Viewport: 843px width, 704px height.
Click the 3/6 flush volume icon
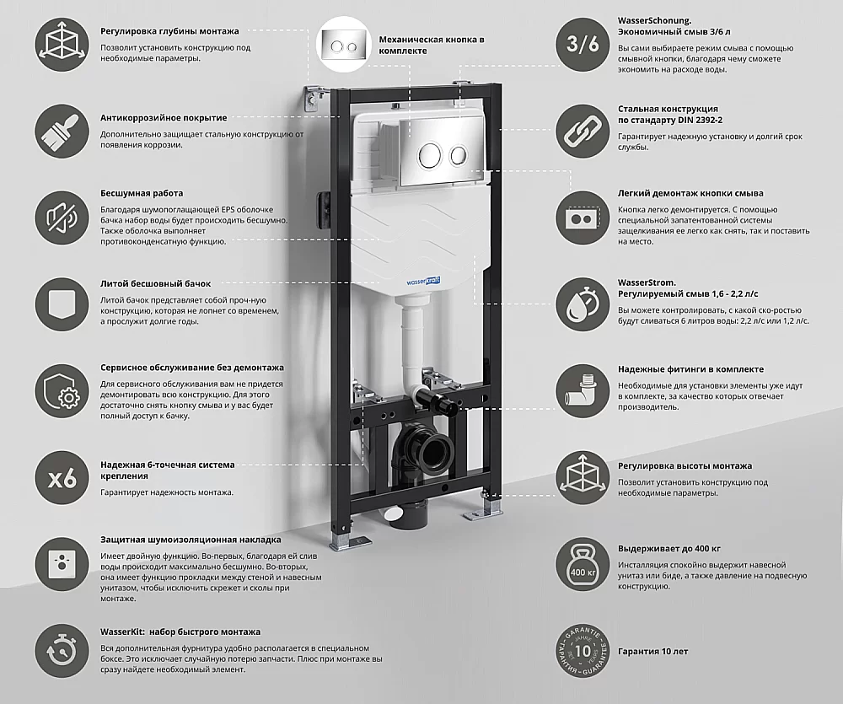583,44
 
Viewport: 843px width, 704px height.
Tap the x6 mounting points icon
62,478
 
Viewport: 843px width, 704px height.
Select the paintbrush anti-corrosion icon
62,132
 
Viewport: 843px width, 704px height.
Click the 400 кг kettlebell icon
583,565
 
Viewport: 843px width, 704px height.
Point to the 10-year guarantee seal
583,651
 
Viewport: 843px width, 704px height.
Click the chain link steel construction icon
583,132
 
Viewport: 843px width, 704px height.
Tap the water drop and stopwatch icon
583,305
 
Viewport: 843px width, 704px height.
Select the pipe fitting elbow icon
583,391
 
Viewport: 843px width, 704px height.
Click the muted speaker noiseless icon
62,218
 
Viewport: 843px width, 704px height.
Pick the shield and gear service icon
62,391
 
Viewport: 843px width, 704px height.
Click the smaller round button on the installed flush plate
458,155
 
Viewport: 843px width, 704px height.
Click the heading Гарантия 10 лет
652,651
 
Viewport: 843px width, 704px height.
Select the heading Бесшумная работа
142,193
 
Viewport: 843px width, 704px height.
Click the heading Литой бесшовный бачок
156,283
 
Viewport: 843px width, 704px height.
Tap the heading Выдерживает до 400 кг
669,549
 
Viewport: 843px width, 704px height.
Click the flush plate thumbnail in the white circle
344,46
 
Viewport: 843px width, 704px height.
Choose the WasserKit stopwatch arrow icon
62,651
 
